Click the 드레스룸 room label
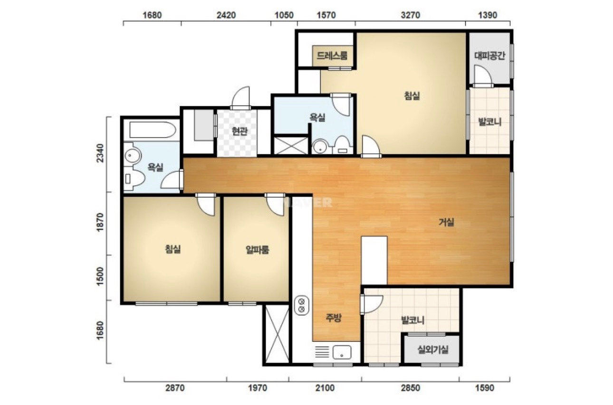pos(332,56)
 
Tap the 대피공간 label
pos(489,56)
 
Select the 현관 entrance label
pos(239,131)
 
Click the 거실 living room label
pos(446,222)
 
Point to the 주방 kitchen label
pos(334,318)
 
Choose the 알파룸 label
pos(257,249)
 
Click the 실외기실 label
pos(433,349)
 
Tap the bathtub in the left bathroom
pos(153,130)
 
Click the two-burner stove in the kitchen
pos(302,305)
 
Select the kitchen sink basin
pos(342,352)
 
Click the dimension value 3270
pos(411,15)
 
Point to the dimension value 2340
pos(100,153)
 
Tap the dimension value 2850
pos(411,388)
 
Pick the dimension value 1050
pos(284,15)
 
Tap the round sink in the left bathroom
pos(132,156)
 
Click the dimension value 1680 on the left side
pos(100,330)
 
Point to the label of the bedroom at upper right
pos(412,96)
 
